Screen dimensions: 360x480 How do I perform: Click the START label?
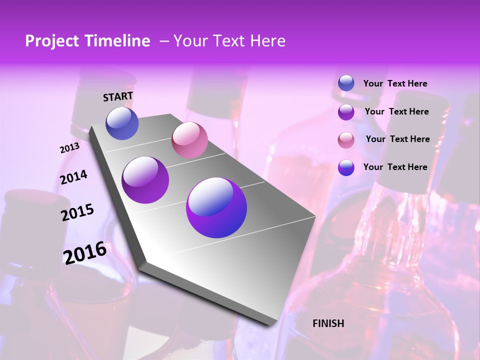118,96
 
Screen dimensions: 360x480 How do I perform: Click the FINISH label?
328,323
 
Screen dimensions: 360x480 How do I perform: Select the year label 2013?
69,148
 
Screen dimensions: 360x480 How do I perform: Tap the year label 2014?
73,177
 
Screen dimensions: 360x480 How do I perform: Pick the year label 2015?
77,212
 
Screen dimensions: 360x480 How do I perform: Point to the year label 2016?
85,252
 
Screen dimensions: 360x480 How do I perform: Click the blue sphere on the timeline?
122,123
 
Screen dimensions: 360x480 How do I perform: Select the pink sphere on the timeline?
189,139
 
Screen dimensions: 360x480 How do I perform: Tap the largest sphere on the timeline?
216,207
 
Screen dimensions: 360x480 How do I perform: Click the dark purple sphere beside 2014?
145,179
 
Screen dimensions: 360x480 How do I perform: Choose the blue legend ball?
346,83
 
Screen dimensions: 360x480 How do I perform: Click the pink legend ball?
346,139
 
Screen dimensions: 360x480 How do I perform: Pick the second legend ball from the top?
346,111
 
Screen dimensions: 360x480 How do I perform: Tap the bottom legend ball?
346,167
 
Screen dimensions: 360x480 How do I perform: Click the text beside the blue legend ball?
395,83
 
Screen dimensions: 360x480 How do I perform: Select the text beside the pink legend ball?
397,139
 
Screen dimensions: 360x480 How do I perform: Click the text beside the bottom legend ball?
395,167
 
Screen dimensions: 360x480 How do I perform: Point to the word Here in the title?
267,41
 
